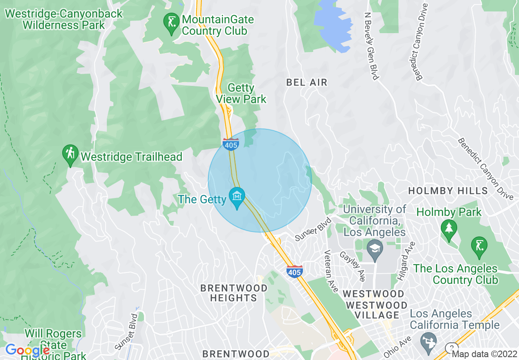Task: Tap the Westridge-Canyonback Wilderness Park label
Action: coord(63,19)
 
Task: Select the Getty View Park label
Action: coord(241,94)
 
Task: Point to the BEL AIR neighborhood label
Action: coord(307,82)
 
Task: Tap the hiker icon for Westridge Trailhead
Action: coord(70,155)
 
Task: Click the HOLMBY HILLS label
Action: coord(448,191)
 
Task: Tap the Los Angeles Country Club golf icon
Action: coord(478,247)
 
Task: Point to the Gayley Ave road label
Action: coord(352,266)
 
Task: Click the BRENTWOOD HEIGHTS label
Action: coord(234,293)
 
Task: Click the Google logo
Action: coord(27,351)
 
